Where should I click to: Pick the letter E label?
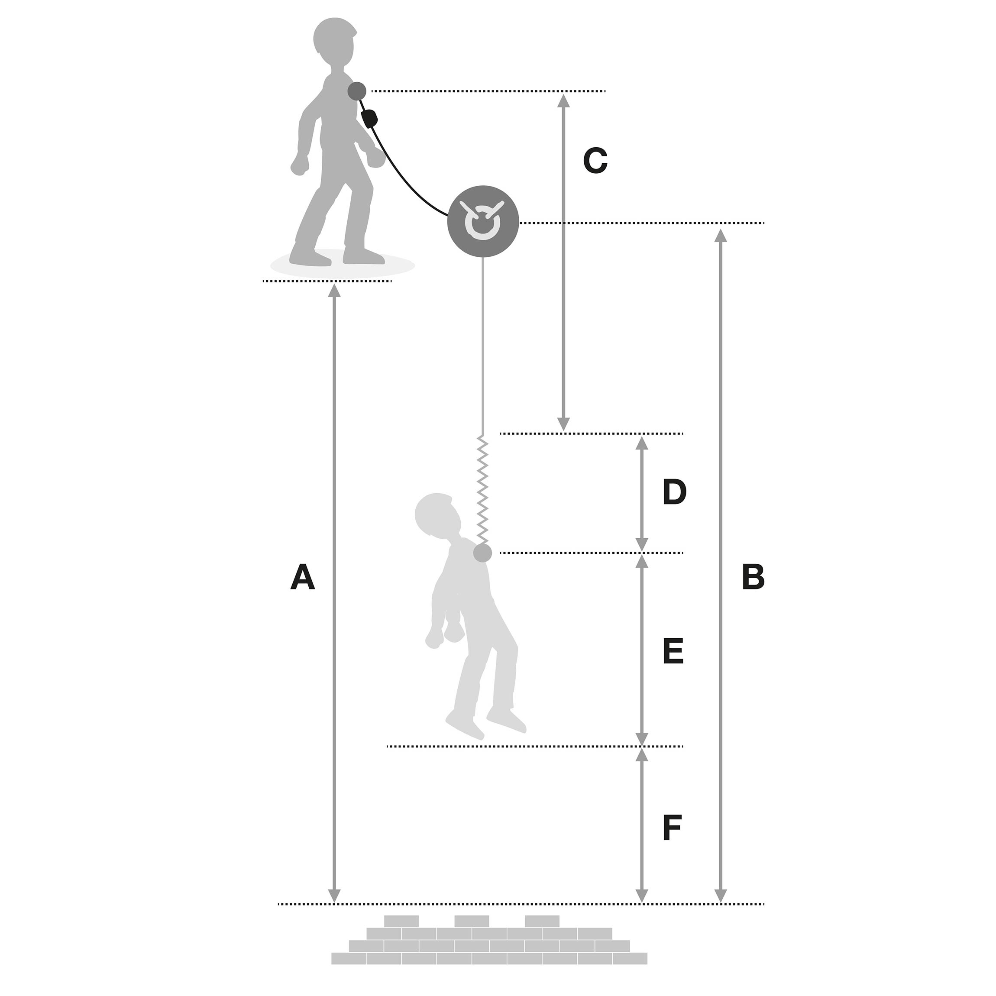click(x=673, y=652)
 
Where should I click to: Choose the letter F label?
click(x=672, y=828)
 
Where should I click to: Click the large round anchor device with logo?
click(x=482, y=222)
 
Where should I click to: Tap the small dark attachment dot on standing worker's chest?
click(x=357, y=91)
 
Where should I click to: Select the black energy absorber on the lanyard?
click(x=370, y=119)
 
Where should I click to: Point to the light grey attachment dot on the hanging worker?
click(x=482, y=553)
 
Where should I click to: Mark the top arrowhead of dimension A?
click(x=335, y=291)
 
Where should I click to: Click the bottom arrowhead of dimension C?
click(x=563, y=424)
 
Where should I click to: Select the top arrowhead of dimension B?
click(x=721, y=235)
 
